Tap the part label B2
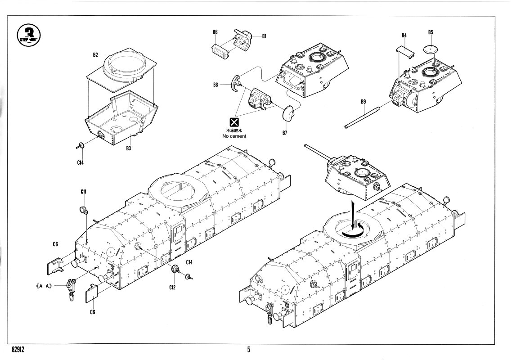click(x=95, y=55)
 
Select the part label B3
click(x=128, y=148)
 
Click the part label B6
click(x=215, y=32)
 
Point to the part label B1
click(x=264, y=36)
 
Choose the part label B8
click(x=216, y=85)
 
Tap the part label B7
click(x=284, y=132)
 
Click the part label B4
click(x=404, y=36)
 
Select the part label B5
click(x=431, y=32)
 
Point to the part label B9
click(x=363, y=102)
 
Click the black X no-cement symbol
click(x=234, y=121)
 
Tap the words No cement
click(x=234, y=136)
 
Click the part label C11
click(x=84, y=192)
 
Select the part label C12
click(x=172, y=287)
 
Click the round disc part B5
click(x=431, y=48)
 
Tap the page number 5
click(x=248, y=349)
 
